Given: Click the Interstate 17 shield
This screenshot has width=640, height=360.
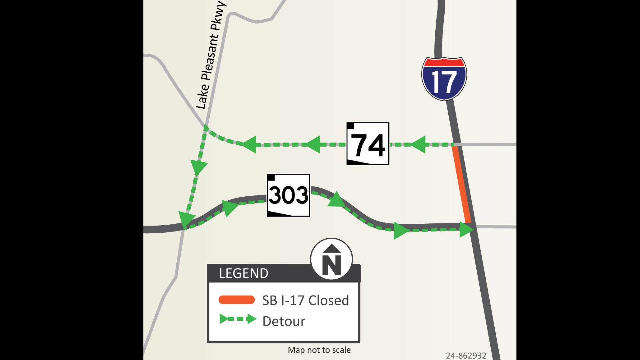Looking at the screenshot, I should coord(444,79).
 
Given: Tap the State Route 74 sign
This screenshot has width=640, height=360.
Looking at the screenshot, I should coord(368,144).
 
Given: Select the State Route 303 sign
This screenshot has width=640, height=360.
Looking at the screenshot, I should coord(288,195).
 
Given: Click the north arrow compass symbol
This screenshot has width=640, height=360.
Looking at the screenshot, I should coord(331,259).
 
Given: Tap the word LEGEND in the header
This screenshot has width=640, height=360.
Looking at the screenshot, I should coord(244,273).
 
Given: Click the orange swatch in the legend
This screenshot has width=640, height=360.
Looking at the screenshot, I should coord(237,300).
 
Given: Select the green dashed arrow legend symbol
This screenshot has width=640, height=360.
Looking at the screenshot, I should coord(238,319).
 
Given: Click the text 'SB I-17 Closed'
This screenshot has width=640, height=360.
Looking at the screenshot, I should coord(305,300).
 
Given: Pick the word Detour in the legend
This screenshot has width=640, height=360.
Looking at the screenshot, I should coord(284,321).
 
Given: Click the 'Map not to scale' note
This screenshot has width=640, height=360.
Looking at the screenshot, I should coord(319,350).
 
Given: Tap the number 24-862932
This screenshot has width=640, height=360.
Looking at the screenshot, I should coord(466,356).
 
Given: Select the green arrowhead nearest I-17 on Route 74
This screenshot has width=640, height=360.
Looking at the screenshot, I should coord(418,144).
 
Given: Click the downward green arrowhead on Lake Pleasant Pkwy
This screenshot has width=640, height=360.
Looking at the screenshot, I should coord(199,167).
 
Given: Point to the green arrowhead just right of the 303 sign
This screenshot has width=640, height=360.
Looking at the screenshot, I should coord(336,200).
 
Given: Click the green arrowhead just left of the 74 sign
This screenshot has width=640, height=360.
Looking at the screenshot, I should coord(313,144).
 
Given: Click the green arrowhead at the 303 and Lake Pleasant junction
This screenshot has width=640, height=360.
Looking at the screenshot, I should coord(185,220).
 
